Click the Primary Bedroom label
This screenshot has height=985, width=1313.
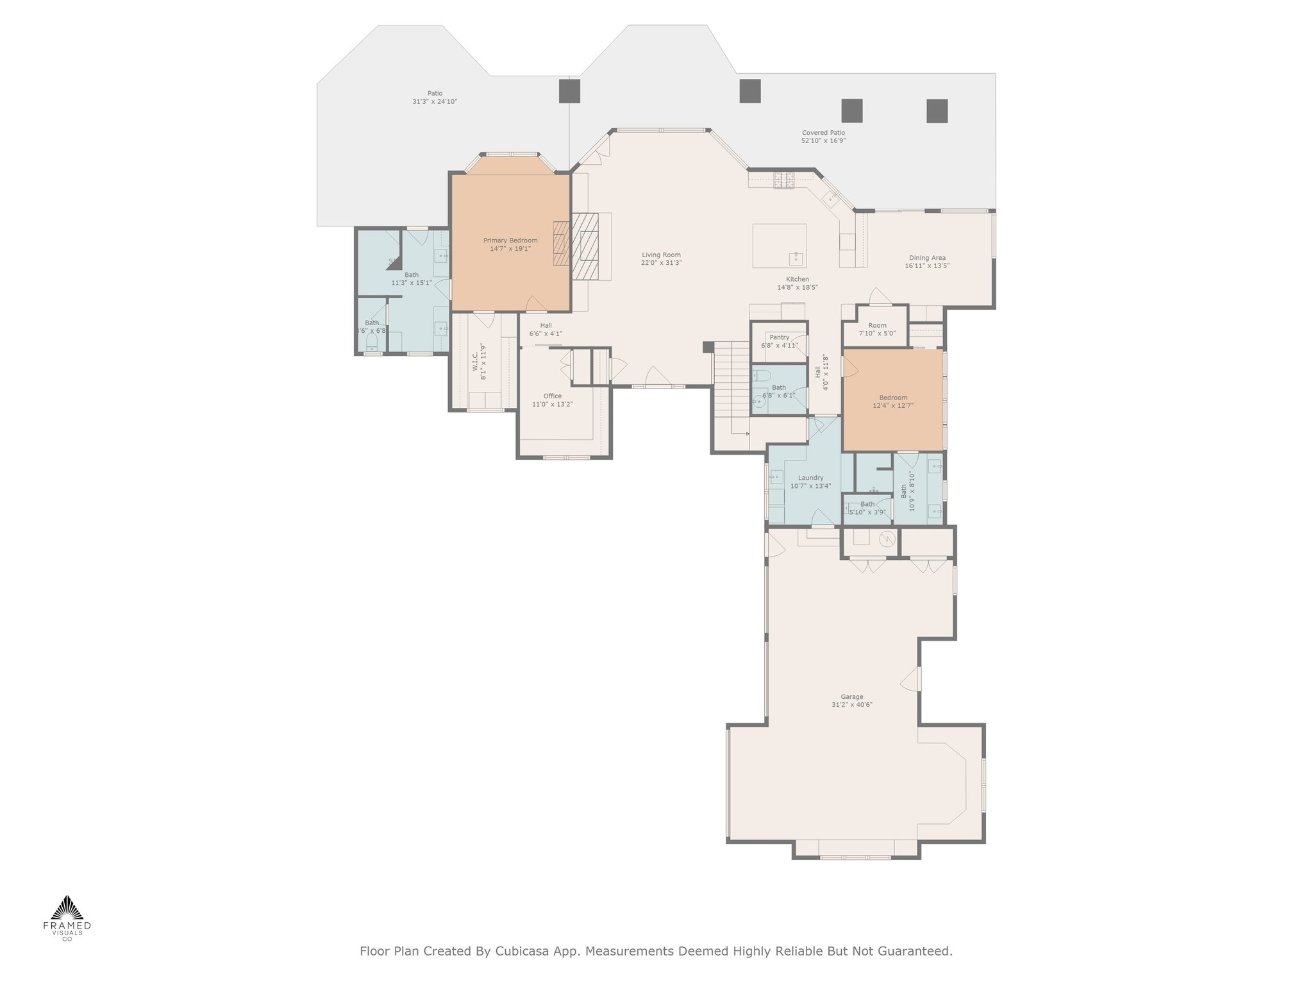point(510,240)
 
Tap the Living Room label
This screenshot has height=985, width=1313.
point(661,255)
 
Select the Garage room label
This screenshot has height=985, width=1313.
point(852,696)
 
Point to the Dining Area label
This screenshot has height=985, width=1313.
point(927,258)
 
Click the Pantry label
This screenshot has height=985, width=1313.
point(780,337)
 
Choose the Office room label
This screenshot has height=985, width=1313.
point(553,396)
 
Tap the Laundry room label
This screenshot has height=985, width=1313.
point(811,478)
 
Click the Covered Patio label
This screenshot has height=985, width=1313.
point(824,133)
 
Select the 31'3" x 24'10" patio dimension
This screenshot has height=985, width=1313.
point(435,101)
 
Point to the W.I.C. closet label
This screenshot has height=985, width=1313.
point(476,362)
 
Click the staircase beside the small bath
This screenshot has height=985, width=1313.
point(732,387)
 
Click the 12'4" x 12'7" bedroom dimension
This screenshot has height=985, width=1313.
point(893,405)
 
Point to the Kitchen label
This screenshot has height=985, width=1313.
point(798,279)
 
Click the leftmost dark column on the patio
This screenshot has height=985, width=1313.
point(569,90)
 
